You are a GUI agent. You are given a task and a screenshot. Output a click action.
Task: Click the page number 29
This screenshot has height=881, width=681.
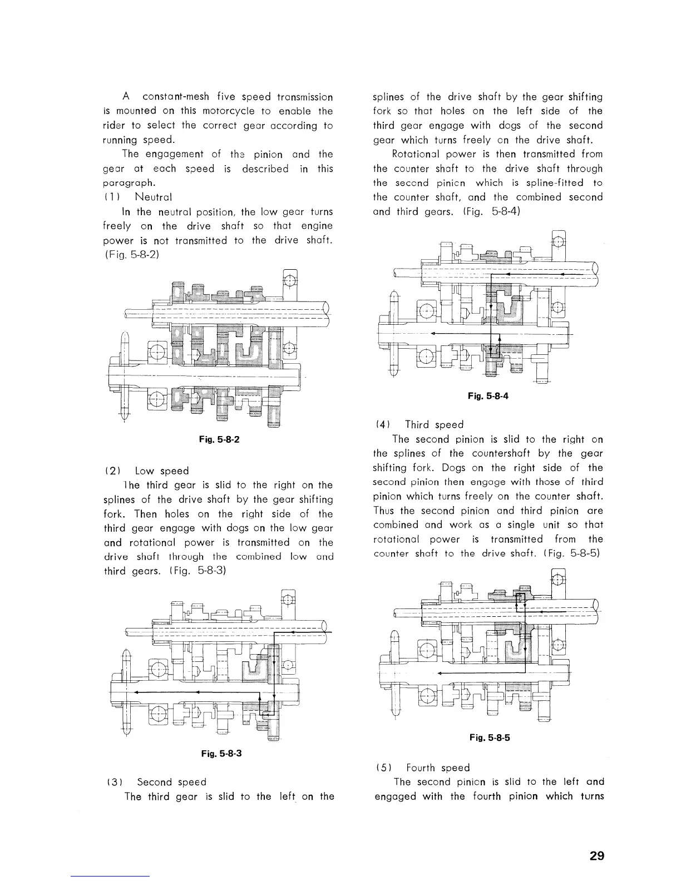pos(596,856)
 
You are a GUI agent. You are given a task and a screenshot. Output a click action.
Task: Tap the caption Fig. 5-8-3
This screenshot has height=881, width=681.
pos(221,754)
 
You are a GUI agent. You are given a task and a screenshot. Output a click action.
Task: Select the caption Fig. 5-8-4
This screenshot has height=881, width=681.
pos(488,396)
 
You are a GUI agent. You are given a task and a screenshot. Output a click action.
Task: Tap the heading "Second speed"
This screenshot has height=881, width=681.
pos(171,782)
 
